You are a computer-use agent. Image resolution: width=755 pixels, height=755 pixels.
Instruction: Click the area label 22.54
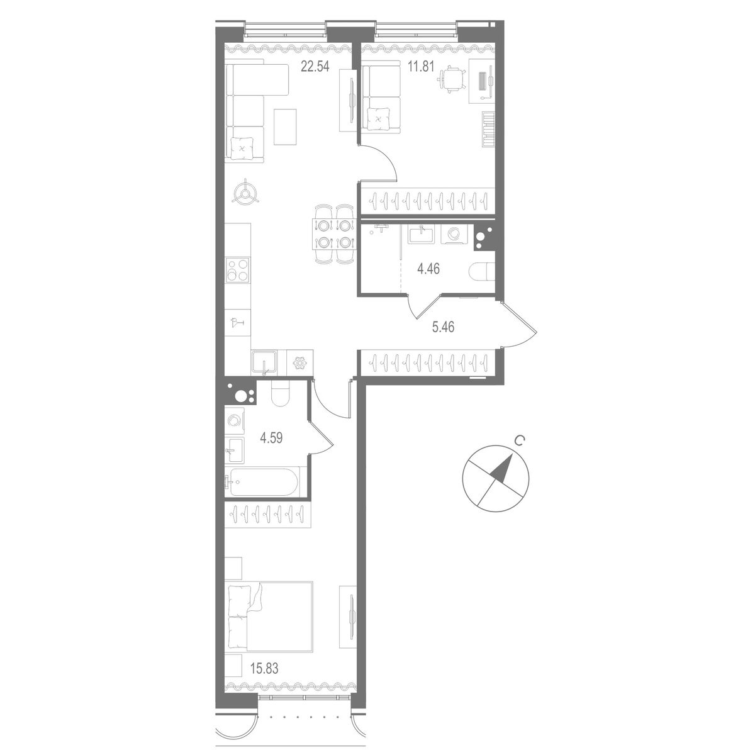(x=315, y=65)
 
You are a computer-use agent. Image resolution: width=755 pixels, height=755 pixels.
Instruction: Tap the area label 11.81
(x=422, y=65)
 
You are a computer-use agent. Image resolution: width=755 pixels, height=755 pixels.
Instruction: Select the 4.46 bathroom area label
(x=428, y=269)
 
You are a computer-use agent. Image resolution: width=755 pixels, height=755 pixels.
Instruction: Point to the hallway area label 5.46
(x=443, y=327)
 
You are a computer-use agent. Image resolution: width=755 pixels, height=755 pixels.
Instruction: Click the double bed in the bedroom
(x=271, y=615)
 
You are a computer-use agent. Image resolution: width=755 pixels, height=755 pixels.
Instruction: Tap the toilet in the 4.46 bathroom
(x=482, y=271)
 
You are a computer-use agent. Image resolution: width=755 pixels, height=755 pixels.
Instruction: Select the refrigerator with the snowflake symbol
(x=298, y=364)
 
